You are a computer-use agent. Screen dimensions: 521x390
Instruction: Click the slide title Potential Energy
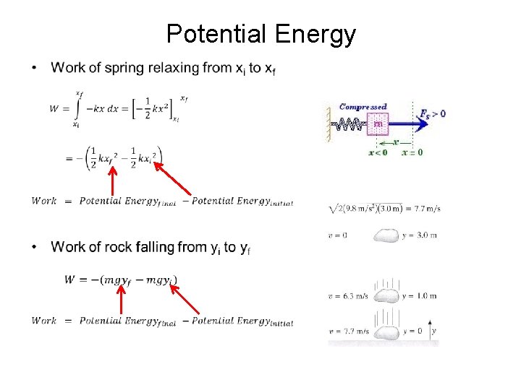tap(260, 34)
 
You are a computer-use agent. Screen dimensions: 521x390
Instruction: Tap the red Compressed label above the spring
tap(363, 107)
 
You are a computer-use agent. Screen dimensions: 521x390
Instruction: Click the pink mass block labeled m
tap(377, 125)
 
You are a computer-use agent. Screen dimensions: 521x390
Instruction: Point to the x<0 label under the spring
tap(378, 152)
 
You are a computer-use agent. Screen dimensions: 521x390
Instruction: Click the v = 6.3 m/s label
tap(348, 295)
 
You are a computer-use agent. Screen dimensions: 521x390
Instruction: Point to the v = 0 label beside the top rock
tap(338, 235)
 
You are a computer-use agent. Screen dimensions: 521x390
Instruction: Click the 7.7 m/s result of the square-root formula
tap(426, 209)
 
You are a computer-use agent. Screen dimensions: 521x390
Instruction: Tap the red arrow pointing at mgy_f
tap(121, 301)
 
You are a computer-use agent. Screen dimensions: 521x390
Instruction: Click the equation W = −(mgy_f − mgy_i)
tap(121, 279)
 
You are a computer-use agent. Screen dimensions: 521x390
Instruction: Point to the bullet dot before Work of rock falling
tap(34, 248)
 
